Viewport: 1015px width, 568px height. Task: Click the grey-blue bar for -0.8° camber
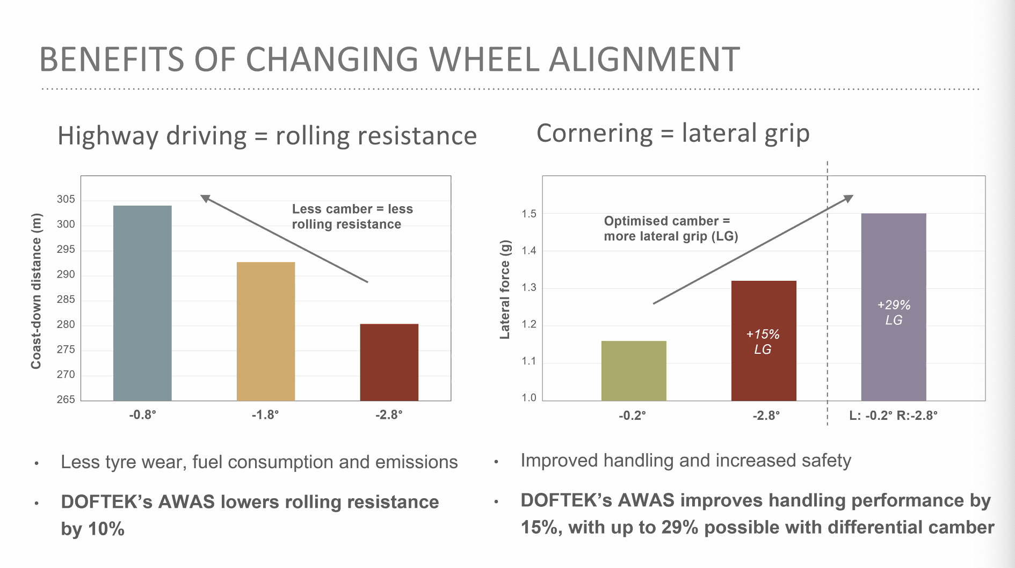coord(142,303)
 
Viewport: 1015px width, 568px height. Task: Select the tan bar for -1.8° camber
coord(266,331)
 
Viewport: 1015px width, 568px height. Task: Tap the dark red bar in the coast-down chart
coord(389,362)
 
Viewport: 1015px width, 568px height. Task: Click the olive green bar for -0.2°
coord(634,370)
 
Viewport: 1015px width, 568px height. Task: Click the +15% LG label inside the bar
coord(763,341)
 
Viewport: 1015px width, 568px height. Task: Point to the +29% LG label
coord(894,312)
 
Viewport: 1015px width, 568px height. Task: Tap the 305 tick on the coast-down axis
coord(66,199)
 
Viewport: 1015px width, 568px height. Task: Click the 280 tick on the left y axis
coord(66,324)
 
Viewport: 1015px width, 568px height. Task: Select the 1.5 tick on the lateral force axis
coord(528,214)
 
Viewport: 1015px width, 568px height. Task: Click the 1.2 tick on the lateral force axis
coord(528,324)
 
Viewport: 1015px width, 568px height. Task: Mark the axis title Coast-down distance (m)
coord(36,291)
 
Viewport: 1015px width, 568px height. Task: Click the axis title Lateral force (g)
coord(505,289)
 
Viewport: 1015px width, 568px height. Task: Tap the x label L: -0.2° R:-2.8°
coord(893,415)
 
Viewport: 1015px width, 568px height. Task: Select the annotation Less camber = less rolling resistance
coord(352,216)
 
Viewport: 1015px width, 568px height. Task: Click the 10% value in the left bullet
coord(106,529)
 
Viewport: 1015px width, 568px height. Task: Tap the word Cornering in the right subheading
coord(594,133)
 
